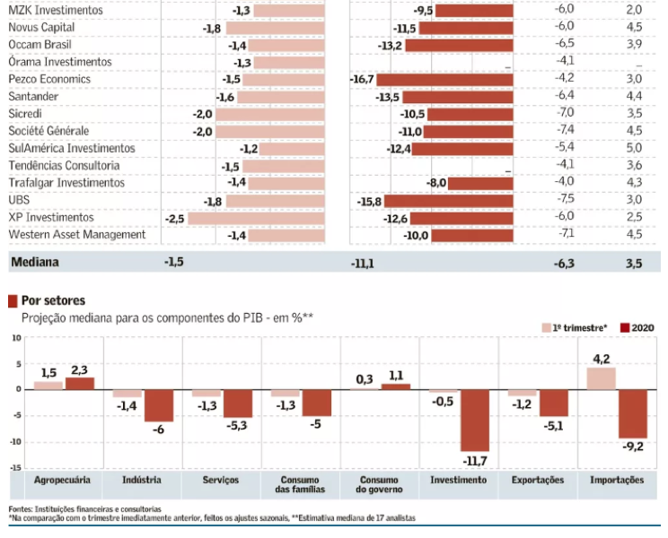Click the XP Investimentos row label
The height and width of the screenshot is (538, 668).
[51, 218]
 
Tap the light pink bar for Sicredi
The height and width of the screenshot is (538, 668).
[274, 114]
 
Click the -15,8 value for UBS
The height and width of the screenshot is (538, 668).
[369, 201]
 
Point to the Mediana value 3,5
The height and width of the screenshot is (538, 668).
[634, 263]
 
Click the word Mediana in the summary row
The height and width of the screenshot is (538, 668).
[37, 263]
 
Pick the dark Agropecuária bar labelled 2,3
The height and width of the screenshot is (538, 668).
[79, 383]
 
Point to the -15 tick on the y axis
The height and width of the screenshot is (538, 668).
[15, 467]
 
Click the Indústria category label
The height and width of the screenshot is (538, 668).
[142, 481]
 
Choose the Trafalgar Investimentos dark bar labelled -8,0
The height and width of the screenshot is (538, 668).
[481, 183]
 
